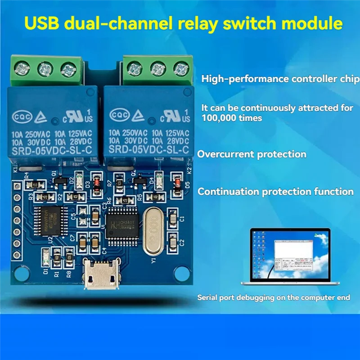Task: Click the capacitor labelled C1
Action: point(173,219)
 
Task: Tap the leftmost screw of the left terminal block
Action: point(22,69)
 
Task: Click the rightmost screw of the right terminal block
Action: point(181,69)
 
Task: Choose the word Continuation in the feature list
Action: point(229,192)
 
